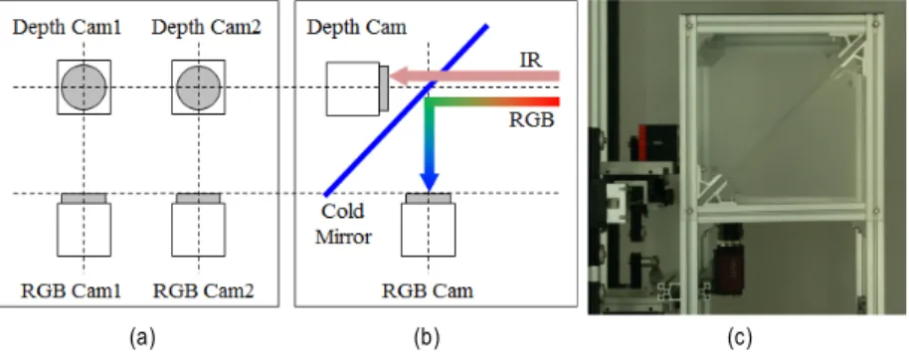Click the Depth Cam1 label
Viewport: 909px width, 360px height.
68,28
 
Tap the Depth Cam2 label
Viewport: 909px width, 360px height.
207,28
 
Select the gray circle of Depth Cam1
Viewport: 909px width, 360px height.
85,87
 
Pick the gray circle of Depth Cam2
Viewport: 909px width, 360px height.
199,87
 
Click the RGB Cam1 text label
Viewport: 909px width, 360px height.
72,290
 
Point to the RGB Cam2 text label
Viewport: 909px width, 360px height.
204,290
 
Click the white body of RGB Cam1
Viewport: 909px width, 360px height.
85,230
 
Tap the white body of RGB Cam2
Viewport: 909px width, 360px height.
199,230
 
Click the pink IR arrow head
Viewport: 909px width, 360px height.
400,76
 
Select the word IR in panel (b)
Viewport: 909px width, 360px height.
530,60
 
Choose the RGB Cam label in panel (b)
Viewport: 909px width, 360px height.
428,290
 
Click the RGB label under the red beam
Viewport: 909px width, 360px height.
533,120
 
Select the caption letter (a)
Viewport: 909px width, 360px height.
142,337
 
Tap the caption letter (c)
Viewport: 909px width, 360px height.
739,337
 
